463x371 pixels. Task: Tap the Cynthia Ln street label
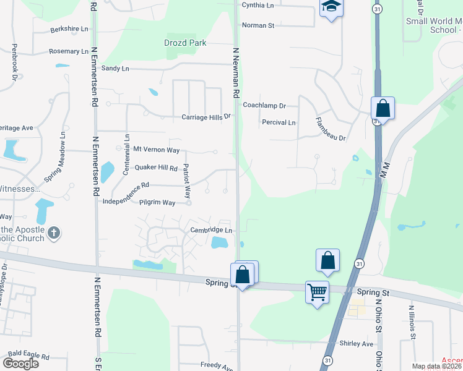[x=257, y=5]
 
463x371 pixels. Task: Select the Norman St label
[x=258, y=25]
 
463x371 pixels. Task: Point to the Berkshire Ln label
[x=69, y=28]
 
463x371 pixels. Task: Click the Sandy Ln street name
[x=115, y=68]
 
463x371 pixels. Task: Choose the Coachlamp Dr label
[x=264, y=106]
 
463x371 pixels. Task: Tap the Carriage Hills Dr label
[x=206, y=116]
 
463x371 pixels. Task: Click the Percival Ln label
[x=279, y=122]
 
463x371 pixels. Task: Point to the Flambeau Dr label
[x=330, y=129]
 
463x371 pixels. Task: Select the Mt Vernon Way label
[x=157, y=150]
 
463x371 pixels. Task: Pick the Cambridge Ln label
[x=211, y=230]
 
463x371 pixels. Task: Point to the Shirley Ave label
[x=357, y=343]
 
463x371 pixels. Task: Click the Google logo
[x=20, y=363]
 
